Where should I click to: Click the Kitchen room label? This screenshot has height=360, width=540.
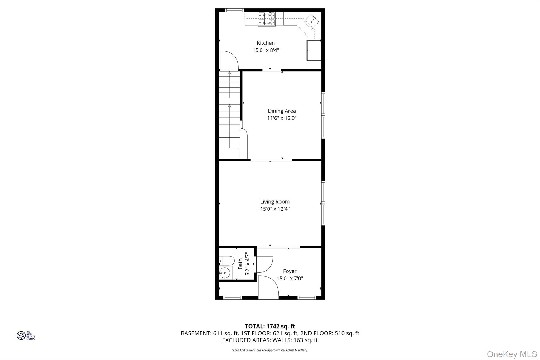pos(266,43)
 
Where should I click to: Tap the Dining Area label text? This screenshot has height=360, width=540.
pos(282,111)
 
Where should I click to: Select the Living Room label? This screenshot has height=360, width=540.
pos(275,202)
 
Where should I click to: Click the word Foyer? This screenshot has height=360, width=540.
pos(290,271)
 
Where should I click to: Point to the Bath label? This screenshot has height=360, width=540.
pos(240,264)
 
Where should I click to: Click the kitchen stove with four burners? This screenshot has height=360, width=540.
pos(267,19)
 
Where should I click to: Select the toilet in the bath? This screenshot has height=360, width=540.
pos(227,261)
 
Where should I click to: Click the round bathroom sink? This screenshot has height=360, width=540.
pos(225,273)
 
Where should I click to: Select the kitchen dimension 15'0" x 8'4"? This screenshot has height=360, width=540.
pos(266,50)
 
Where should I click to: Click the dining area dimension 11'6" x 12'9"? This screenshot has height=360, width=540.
pos(282,118)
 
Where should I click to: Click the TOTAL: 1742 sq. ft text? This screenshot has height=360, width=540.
pos(270,326)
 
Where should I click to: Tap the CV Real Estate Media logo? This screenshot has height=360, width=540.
pos(26,335)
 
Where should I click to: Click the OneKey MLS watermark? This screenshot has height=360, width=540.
pos(512,354)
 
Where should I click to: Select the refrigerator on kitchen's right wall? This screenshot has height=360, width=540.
pos(314,50)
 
